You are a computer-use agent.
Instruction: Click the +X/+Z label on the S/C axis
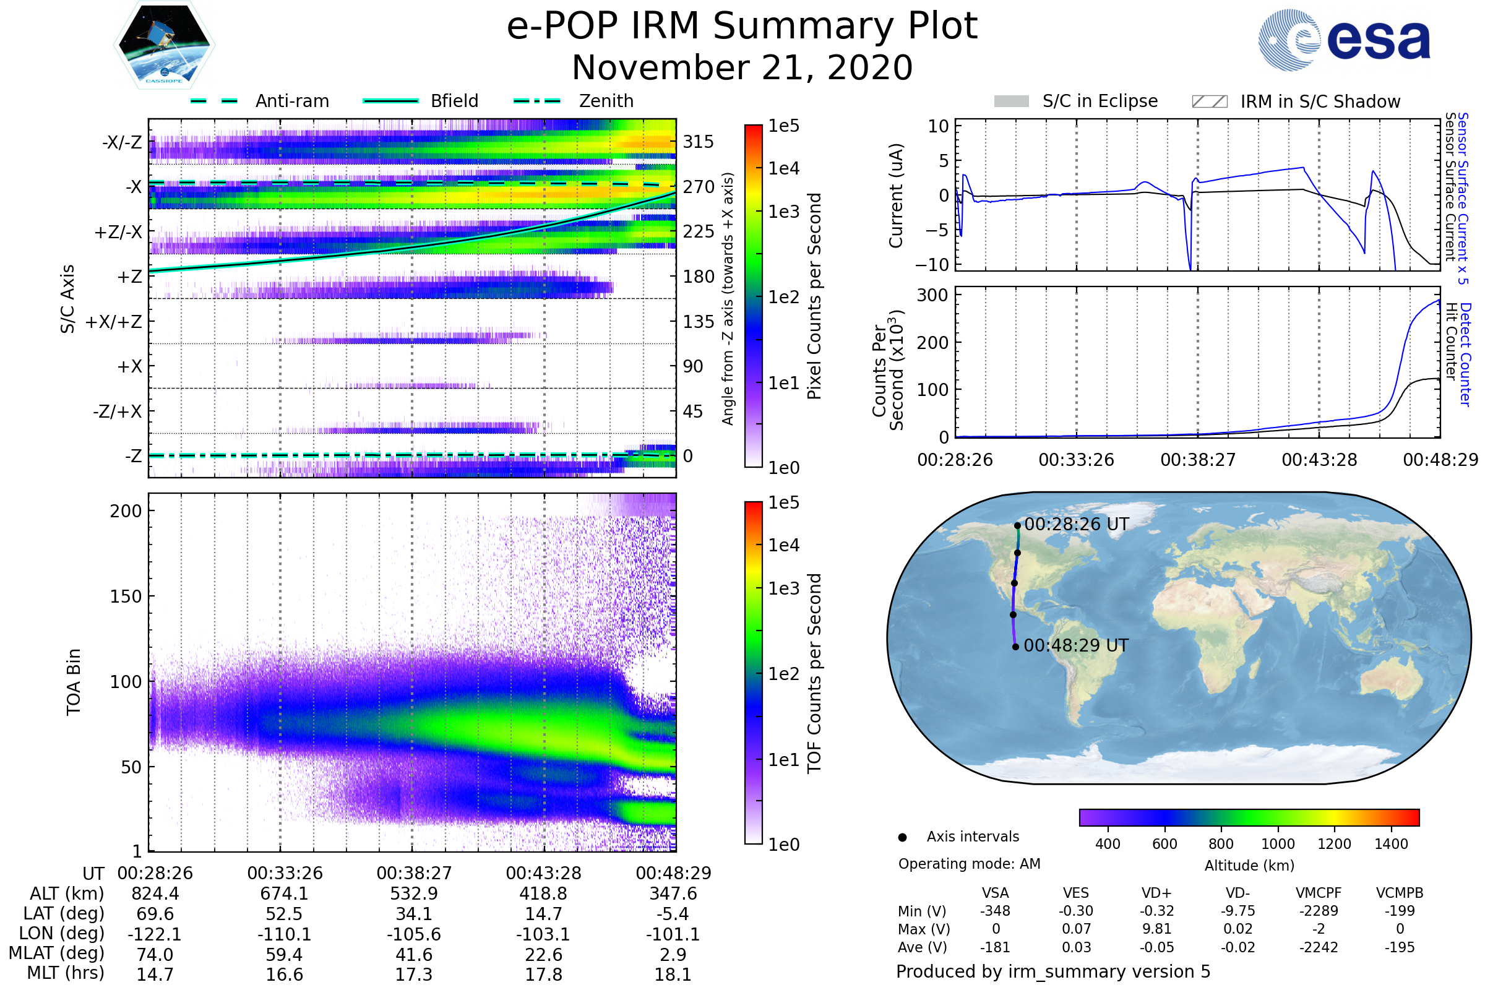pos(114,322)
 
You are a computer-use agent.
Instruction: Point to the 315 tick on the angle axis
pos(699,142)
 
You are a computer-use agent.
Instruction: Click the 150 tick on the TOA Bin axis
pos(126,596)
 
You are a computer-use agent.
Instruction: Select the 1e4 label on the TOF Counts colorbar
pos(783,546)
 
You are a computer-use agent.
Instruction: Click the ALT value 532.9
pos(413,894)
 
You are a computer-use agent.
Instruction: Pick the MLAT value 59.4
pos(284,955)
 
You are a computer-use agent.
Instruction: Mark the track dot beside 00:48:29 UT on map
pos(1015,647)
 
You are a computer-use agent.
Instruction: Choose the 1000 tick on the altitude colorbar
pos(1278,845)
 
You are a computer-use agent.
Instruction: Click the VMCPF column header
pos(1319,893)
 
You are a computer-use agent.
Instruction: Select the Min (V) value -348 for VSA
pos(995,911)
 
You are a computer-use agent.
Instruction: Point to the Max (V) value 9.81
pos(1156,929)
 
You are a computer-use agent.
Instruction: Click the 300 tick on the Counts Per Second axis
pos(932,296)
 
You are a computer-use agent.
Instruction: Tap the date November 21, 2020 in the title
pos(742,68)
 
